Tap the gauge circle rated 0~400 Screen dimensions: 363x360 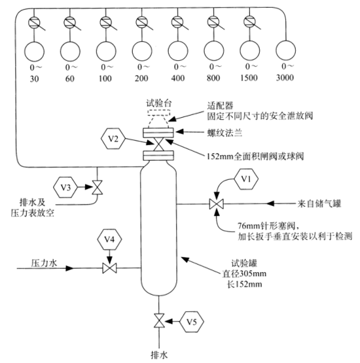[177, 50]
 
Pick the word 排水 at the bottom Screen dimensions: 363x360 [160, 355]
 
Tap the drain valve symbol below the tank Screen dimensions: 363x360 [158, 321]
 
